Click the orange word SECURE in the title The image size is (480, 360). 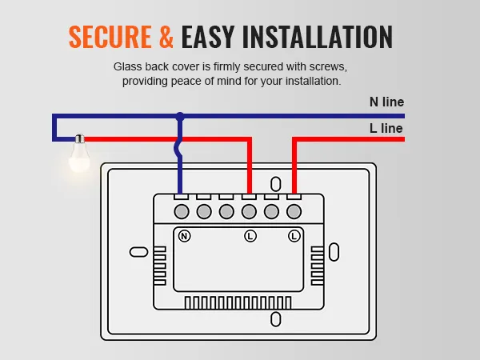110,37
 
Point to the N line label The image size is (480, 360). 386,102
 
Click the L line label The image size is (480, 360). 386,128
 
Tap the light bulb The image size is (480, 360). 78,156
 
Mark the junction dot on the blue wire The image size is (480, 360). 181,117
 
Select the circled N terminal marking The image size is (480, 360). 184,236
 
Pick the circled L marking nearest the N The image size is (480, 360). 250,236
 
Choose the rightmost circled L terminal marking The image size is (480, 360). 294,236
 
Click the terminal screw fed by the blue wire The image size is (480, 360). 182,211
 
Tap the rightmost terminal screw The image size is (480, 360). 294,211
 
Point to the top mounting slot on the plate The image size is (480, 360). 276,183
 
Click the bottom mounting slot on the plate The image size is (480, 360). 276,319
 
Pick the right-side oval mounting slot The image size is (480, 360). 334,250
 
